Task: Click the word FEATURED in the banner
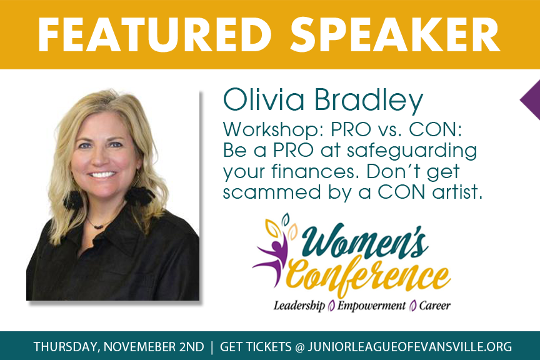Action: point(154,34)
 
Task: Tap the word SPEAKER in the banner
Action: point(395,34)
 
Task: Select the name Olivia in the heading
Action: point(264,99)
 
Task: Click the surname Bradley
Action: point(369,101)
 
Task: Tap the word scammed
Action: point(272,192)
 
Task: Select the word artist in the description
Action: point(457,191)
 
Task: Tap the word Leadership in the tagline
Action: point(299,306)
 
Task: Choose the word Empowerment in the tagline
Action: point(372,306)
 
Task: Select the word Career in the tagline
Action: point(434,306)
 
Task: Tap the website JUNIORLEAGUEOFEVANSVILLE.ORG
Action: point(410,347)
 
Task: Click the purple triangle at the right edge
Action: point(531,100)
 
